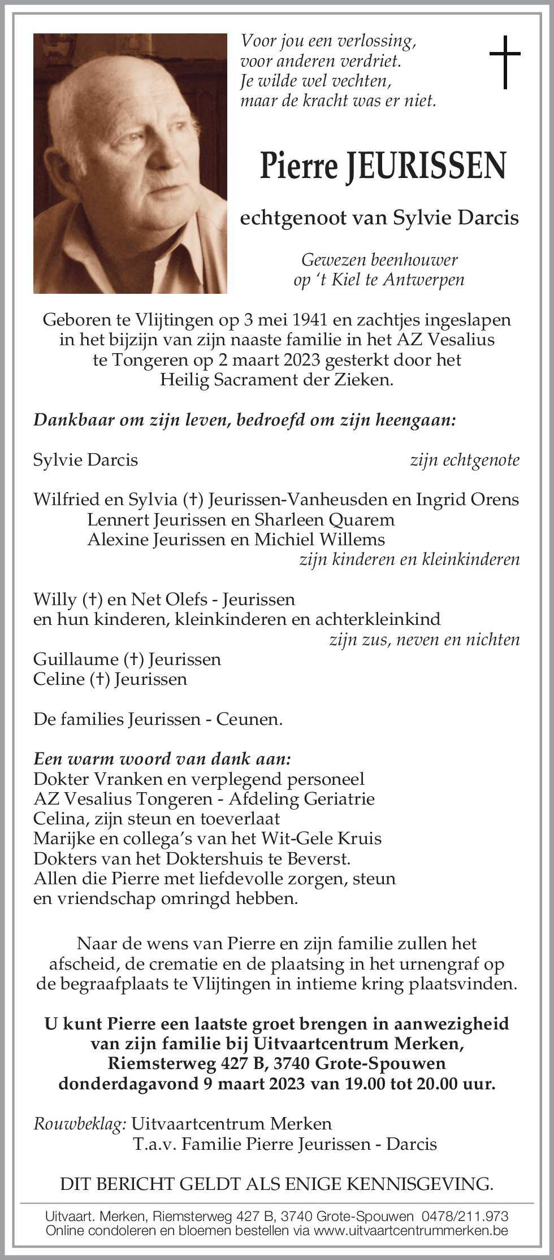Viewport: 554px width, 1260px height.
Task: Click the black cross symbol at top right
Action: [x=504, y=62]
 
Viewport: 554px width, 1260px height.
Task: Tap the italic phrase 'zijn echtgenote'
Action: [x=464, y=460]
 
